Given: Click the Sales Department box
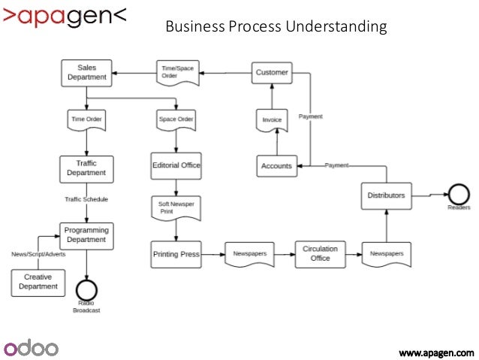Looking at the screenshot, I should coord(87,72).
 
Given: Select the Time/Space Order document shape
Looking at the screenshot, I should coord(177,72).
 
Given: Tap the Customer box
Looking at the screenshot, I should coord(271,72).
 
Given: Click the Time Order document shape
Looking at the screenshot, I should coord(86,119).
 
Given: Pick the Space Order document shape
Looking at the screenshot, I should coord(176,119).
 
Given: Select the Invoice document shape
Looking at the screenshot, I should coord(271,119).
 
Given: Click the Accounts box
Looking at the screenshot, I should coord(276,165).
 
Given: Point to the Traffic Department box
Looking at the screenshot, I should coord(86,168).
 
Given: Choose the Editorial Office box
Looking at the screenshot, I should coord(176,165).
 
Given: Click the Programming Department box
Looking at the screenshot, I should coord(86,235).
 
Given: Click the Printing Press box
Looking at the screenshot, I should coord(176,254).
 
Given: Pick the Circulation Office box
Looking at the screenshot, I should coord(320,253).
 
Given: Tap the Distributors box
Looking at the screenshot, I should coord(386,195).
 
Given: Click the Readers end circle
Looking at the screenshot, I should coord(458,192).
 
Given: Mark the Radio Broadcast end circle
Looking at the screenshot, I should coord(86,289).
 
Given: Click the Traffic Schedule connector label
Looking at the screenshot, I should coord(86,199).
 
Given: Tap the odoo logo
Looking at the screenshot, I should coord(32,347).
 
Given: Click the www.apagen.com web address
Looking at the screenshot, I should coord(435,351).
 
